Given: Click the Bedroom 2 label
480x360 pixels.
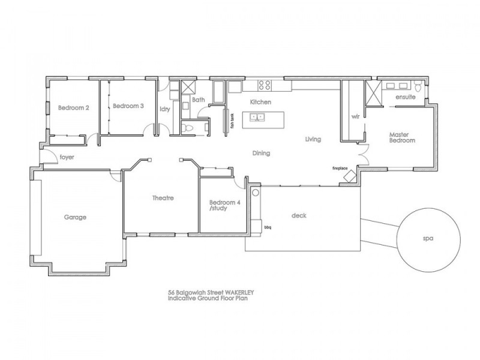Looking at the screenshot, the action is click(x=73, y=108).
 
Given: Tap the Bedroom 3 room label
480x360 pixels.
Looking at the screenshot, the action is click(x=128, y=106).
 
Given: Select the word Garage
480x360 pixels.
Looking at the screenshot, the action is click(x=75, y=217).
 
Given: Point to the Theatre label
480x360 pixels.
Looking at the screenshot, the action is click(x=163, y=198).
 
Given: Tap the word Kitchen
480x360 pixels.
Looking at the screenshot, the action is click(x=260, y=102).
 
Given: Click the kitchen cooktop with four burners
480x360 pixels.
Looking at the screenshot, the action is click(x=265, y=85).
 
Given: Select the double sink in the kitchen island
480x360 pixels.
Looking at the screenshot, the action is click(x=257, y=118).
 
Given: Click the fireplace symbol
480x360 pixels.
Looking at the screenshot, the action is click(x=350, y=176).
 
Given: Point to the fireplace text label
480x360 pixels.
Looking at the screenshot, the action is click(x=340, y=169).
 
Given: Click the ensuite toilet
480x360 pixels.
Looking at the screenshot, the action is click(x=418, y=86).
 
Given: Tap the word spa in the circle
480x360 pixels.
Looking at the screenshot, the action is click(x=428, y=238).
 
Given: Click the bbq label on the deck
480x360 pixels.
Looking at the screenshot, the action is click(x=268, y=227).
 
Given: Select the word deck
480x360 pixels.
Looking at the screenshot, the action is click(x=299, y=215).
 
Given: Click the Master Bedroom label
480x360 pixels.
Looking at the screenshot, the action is click(x=402, y=137).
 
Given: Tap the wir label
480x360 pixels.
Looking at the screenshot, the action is click(x=355, y=116).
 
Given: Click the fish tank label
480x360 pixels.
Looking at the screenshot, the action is click(x=232, y=121).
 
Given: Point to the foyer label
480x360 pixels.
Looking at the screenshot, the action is click(x=67, y=157).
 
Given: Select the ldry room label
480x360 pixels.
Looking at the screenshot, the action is click(x=165, y=109).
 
